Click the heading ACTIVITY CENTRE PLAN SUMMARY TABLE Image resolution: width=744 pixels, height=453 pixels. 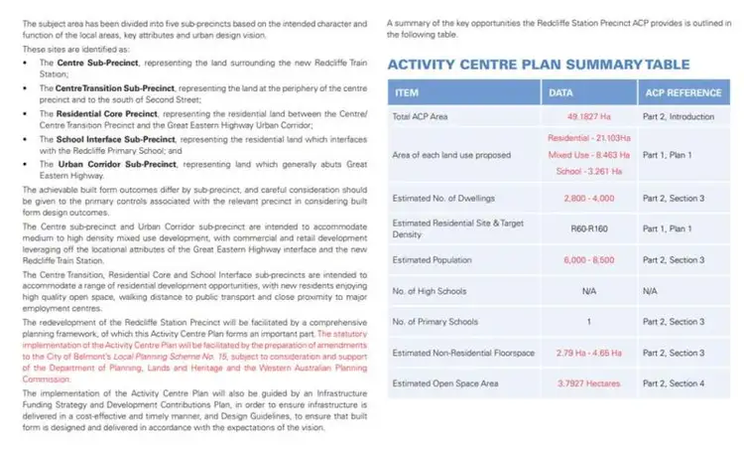tap(538, 65)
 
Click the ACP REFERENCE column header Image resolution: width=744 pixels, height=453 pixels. tap(682, 93)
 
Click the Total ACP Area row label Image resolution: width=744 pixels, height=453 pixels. tap(421, 116)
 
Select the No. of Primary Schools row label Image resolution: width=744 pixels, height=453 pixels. tap(435, 322)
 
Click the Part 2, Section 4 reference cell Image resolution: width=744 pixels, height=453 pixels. tap(674, 383)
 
